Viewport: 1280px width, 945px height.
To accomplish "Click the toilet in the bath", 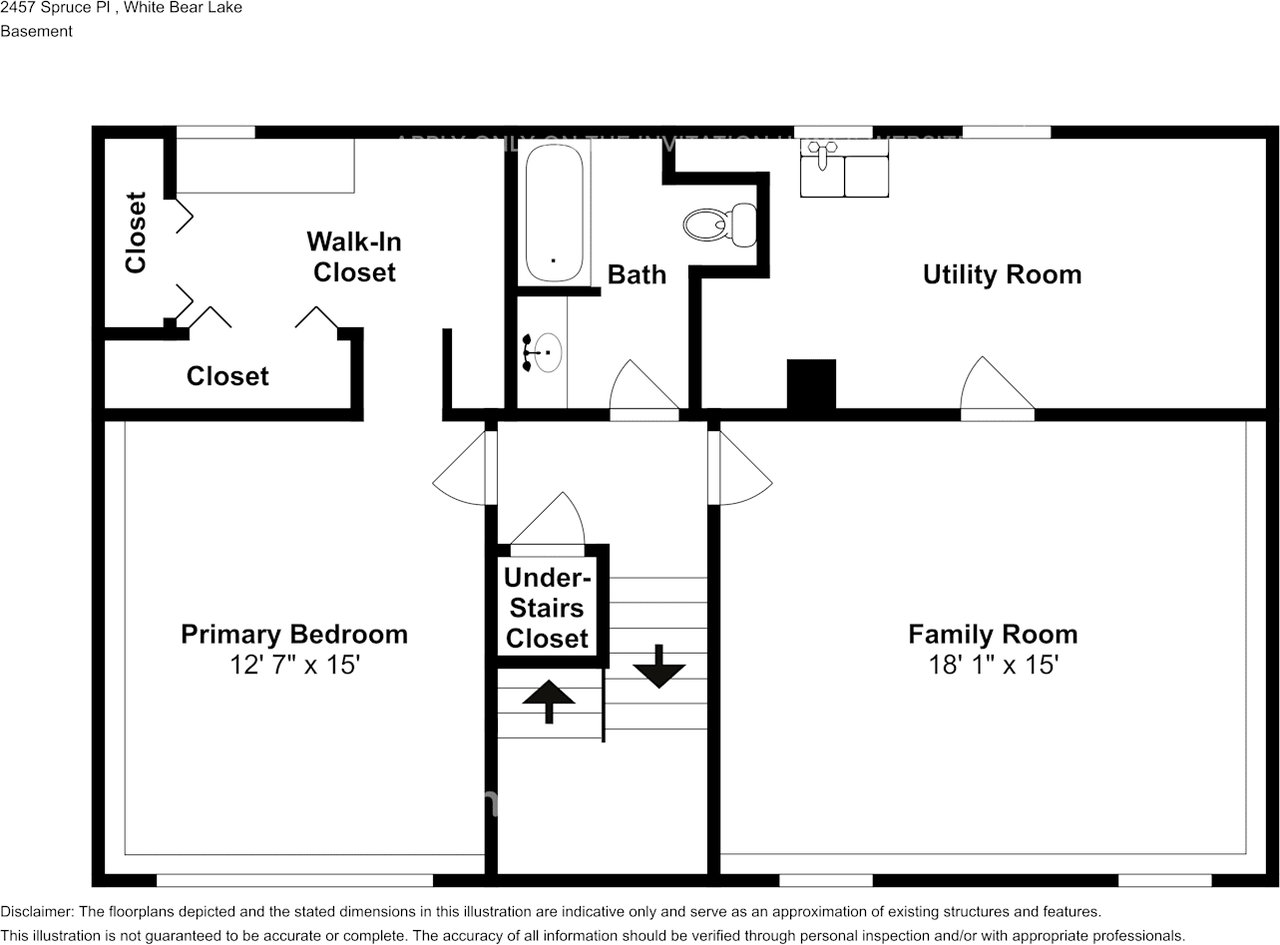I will click(x=720, y=224).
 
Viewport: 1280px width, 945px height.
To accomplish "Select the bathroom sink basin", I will click(x=546, y=353).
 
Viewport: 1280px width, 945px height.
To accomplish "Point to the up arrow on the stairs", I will click(x=548, y=701).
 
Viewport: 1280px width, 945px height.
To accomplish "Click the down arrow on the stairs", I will click(x=659, y=666).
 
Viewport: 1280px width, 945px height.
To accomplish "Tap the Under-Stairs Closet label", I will click(x=547, y=608).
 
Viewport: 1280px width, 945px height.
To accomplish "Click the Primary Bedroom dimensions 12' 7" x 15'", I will click(x=294, y=665).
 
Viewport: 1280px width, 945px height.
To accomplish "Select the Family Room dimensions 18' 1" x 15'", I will click(x=992, y=665).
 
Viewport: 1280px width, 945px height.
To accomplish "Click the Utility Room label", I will click(x=1001, y=274).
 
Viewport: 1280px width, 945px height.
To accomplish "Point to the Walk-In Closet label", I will click(x=354, y=257).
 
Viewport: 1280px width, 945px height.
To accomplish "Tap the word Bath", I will click(x=636, y=274).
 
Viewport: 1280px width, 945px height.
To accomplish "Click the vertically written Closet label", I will click(x=136, y=232).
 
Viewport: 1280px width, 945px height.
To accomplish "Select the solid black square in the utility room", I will click(x=811, y=384).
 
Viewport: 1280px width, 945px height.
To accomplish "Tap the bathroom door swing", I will click(x=642, y=388).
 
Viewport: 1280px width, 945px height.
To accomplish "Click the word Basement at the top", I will click(x=36, y=31).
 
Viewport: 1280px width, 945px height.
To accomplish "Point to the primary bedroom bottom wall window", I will click(x=295, y=880).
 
